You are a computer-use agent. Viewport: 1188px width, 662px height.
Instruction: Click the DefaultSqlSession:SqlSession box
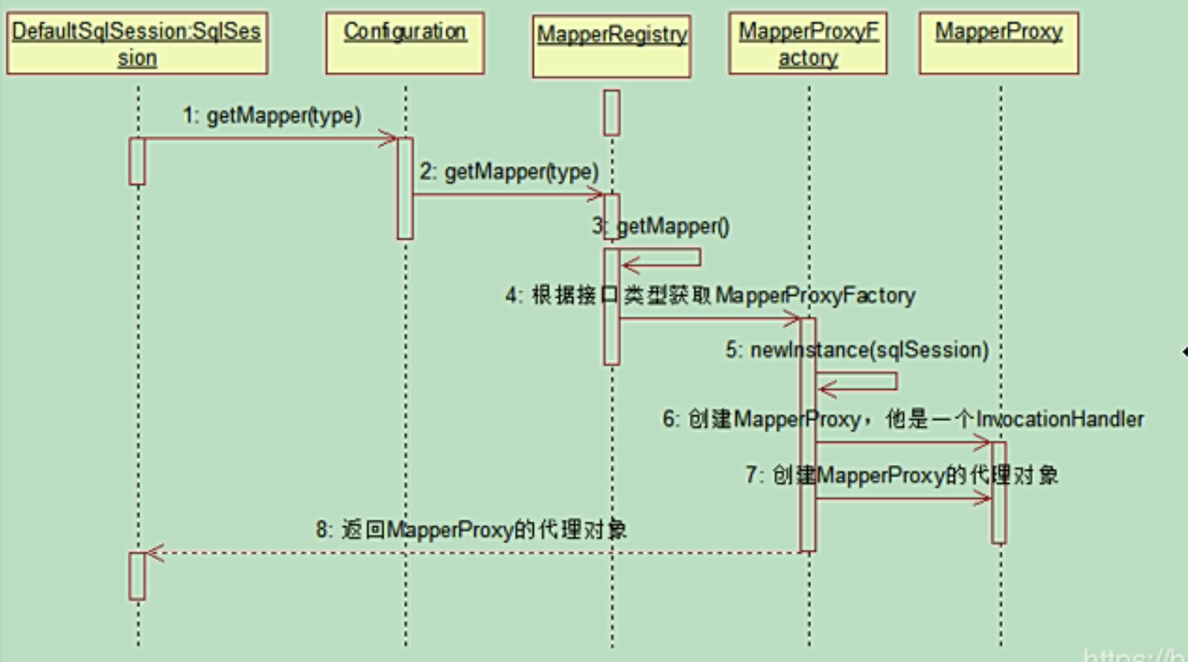coord(137,43)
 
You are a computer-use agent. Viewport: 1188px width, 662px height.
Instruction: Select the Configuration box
coord(405,43)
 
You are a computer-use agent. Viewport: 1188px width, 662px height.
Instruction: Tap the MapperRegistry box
coord(612,46)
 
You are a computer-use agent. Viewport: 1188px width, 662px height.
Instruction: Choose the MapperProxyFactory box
coord(808,43)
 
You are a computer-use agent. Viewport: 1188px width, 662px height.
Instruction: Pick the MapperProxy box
coord(999,43)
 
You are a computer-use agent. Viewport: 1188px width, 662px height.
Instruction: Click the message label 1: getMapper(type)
coord(272,115)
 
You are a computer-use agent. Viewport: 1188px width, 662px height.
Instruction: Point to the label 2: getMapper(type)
coord(509,172)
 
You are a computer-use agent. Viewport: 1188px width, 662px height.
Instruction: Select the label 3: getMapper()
coord(661,226)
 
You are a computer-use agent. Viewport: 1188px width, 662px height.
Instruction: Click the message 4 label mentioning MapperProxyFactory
coord(711,296)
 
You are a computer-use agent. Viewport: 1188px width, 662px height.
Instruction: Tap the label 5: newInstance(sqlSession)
coord(857,350)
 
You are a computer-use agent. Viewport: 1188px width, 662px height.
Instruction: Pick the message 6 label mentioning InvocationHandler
coord(903,419)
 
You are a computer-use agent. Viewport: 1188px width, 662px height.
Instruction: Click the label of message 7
coord(901,475)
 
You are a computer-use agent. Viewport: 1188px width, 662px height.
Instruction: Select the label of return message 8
coord(471,530)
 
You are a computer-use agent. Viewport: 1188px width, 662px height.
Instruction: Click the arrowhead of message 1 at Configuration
coord(389,139)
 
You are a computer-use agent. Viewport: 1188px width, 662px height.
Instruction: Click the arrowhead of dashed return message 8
coord(155,553)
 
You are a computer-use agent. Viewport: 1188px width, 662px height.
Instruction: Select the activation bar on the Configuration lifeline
coord(405,189)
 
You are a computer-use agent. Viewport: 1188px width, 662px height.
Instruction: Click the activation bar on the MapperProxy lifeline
coord(999,493)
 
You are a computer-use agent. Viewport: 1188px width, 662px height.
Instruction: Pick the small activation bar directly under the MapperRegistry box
coord(612,113)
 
